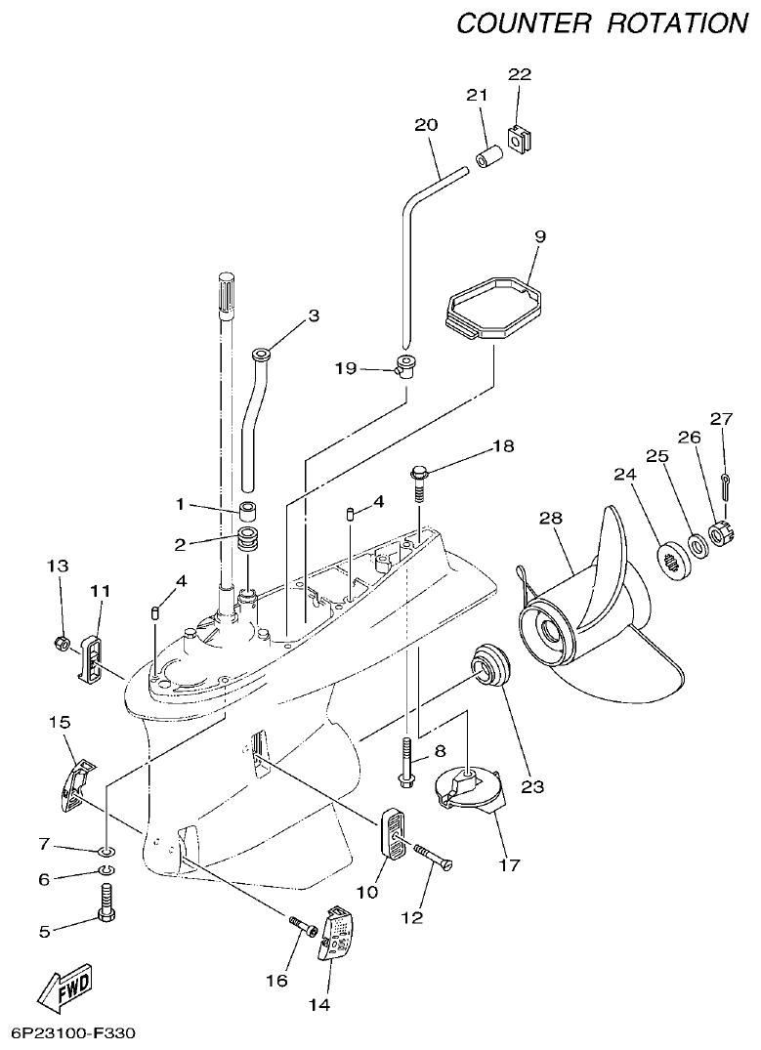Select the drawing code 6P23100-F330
73,1032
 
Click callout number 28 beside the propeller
551,519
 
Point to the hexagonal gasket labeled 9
492,308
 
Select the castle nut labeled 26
720,534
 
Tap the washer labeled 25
698,543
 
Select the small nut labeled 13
61,644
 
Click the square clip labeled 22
519,138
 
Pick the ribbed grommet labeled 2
250,539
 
